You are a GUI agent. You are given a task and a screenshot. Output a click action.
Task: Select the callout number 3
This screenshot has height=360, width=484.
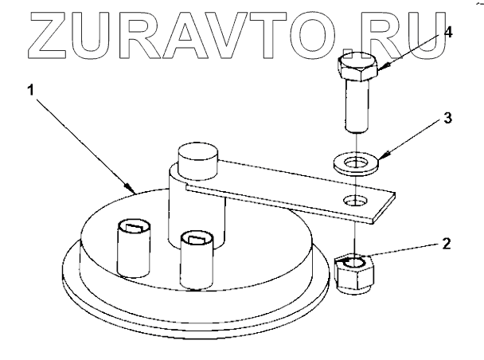click(447, 119)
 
